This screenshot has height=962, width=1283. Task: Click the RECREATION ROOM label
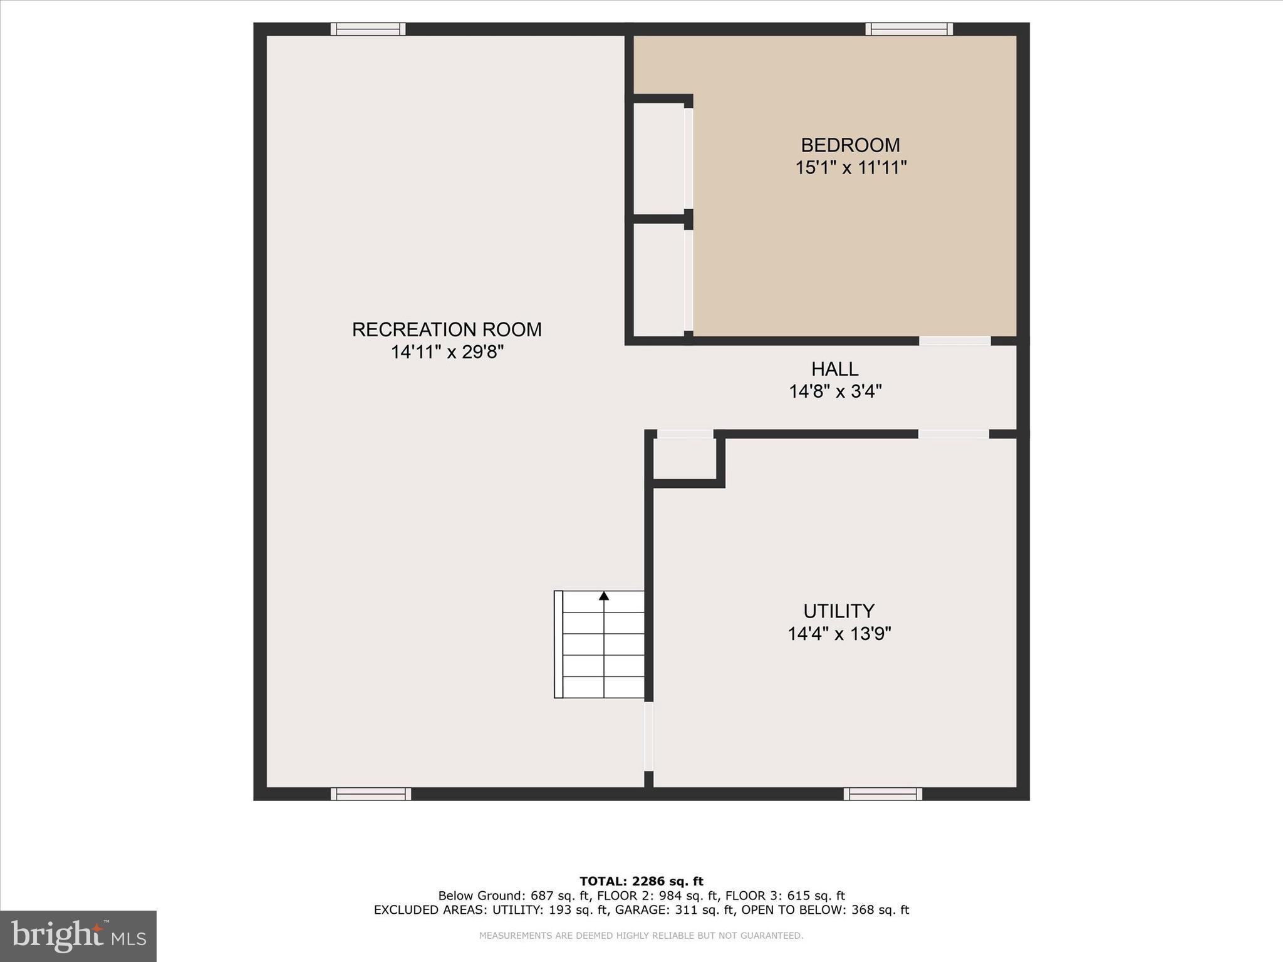pos(447,329)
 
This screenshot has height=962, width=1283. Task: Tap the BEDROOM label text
pos(850,145)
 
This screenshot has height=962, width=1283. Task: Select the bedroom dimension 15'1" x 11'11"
pos(851,168)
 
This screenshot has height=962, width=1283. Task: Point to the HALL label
pos(834,369)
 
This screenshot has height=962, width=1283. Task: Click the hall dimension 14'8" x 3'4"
pos(835,391)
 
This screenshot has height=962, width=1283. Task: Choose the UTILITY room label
pos(839,611)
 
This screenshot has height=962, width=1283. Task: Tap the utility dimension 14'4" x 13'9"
pos(839,634)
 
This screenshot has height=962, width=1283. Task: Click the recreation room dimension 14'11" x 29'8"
pos(447,352)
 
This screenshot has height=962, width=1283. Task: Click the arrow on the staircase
pos(604,596)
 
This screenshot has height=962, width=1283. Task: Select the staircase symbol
pos(600,644)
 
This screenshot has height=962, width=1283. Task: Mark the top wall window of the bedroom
pos(909,29)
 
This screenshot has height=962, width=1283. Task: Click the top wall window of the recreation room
pos(368,29)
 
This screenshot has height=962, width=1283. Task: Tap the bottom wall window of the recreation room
pos(371,794)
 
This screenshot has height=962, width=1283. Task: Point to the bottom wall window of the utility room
pos(883,794)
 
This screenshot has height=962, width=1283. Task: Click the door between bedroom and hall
pos(955,341)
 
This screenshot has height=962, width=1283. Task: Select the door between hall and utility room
pos(953,434)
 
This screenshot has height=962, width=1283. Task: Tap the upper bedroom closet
pos(658,158)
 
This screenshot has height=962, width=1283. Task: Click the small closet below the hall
pos(685,458)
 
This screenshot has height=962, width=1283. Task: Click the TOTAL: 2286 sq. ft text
pos(641,881)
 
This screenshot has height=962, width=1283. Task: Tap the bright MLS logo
pos(78,936)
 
